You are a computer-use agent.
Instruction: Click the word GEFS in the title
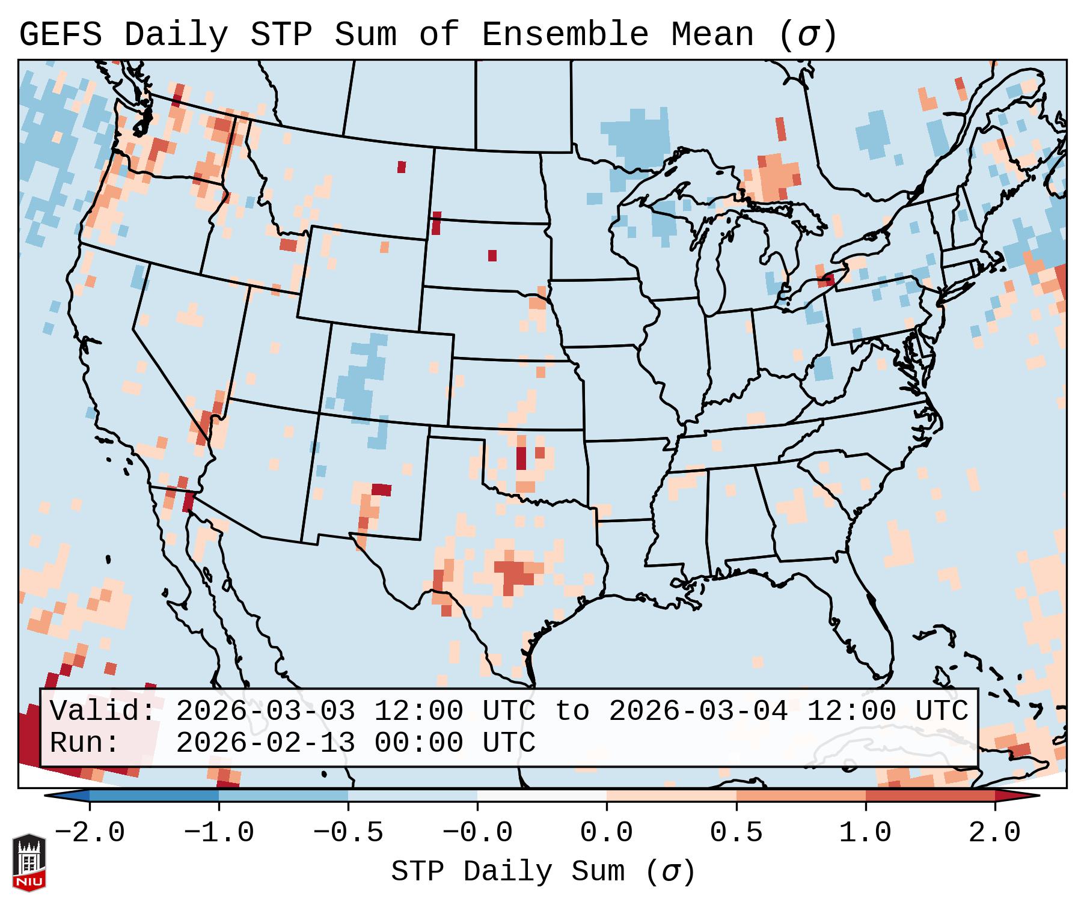coord(60,35)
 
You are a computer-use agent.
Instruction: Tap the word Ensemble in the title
coord(565,35)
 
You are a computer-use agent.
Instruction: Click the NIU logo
coord(29,863)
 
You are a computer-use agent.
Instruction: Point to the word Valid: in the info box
coord(103,712)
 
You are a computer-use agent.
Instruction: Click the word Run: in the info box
coord(85,743)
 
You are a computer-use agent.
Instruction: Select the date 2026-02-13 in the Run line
coord(265,743)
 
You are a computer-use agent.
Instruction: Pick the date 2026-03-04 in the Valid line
coord(699,712)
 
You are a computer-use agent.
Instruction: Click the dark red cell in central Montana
coord(402,167)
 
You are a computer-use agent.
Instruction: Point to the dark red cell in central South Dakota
coord(492,255)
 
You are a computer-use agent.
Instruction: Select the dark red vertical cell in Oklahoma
coord(521,458)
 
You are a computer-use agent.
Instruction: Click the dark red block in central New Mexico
coord(381,490)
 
